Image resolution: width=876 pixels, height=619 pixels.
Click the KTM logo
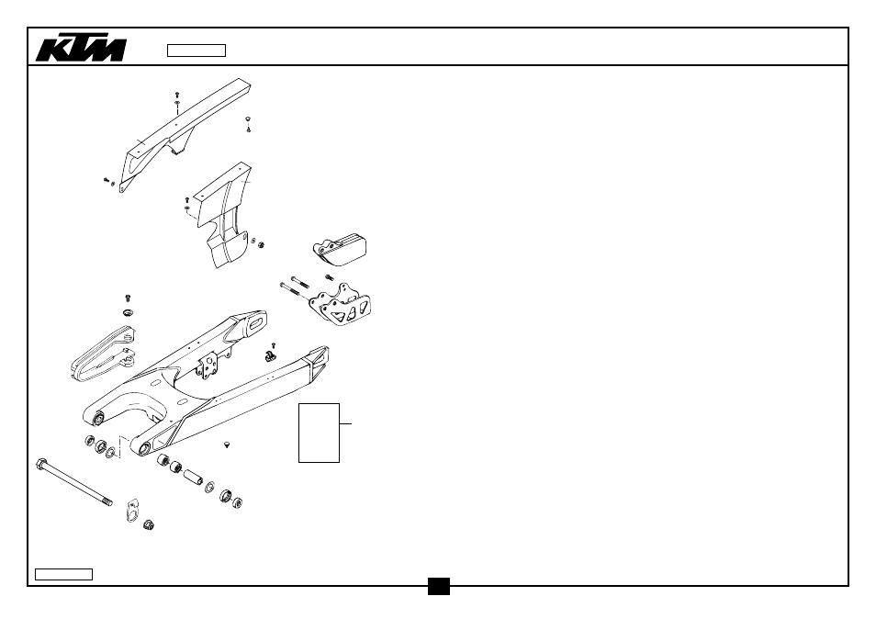click(81, 50)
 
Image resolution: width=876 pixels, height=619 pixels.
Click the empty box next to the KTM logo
click(197, 51)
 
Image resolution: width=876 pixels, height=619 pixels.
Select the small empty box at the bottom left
click(63, 574)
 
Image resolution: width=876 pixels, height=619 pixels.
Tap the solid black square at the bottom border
click(439, 586)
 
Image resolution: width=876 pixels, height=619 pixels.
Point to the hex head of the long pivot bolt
click(41, 464)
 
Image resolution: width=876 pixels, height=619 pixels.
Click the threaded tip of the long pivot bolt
click(107, 501)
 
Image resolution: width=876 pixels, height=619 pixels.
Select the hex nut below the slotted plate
click(148, 525)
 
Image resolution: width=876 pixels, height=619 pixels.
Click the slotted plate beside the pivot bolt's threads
click(133, 509)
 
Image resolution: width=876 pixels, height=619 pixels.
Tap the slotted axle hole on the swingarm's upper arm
click(257, 323)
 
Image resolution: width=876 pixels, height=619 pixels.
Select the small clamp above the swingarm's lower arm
click(270, 355)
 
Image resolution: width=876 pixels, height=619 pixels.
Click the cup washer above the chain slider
click(129, 311)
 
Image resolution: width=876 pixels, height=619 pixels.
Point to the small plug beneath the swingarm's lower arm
click(227, 445)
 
